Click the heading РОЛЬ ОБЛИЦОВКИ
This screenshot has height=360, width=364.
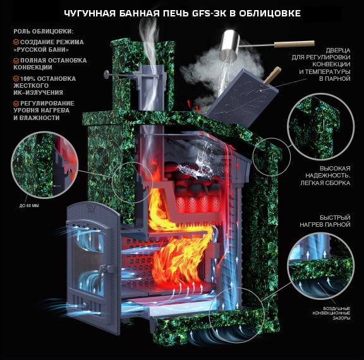point(44,32)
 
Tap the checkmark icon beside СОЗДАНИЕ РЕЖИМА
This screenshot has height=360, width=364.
point(16,42)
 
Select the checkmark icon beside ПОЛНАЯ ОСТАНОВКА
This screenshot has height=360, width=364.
point(16,61)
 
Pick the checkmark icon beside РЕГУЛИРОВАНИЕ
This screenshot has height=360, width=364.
point(16,104)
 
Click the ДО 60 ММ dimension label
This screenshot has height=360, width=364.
point(29,205)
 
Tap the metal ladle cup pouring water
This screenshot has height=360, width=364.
point(229,45)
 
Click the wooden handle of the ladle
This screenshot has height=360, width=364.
point(294,44)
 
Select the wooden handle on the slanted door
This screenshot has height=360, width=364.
point(273,75)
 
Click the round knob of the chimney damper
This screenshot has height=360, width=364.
point(107,75)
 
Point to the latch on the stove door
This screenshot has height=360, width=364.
point(106,269)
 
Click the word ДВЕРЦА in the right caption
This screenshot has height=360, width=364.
point(337,51)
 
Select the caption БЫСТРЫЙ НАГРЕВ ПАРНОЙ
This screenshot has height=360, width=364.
point(325,221)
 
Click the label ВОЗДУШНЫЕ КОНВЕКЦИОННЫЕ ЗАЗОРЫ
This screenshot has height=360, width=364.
point(331,313)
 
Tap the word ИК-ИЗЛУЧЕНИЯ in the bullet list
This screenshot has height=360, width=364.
point(38,93)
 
